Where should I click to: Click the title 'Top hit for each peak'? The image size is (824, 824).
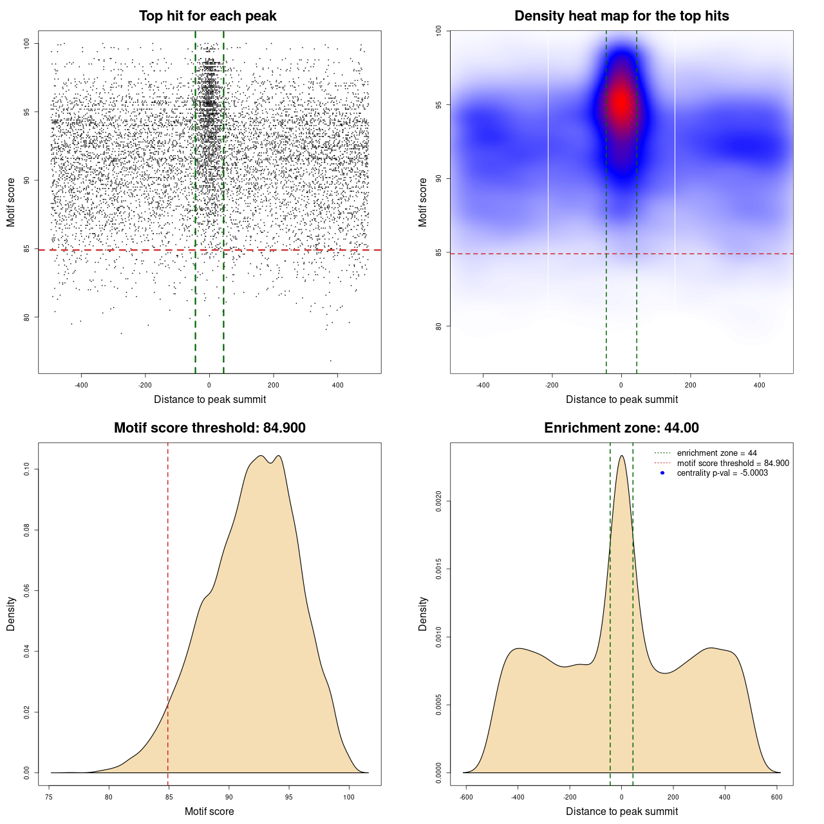point(207,16)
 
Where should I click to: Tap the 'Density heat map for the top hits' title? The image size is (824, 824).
point(621,16)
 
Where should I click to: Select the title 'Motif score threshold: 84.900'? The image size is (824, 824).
point(209,428)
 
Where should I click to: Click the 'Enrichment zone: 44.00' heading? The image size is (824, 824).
point(621,428)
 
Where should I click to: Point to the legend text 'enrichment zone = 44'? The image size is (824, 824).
point(716,453)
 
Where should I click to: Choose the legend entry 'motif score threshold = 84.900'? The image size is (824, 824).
point(733,463)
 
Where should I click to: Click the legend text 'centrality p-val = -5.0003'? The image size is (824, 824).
point(722,473)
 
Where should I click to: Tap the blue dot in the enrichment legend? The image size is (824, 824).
point(662,473)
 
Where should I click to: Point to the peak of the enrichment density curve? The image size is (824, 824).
point(621,456)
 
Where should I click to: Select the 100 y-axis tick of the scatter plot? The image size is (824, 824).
point(26,43)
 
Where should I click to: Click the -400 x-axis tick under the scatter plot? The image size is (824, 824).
point(81,385)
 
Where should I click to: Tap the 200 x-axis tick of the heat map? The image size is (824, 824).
point(690,385)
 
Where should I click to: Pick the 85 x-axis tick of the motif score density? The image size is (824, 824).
point(169,797)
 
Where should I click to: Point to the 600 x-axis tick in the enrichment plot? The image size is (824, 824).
point(776,797)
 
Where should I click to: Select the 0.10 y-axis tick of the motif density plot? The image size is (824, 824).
point(26,470)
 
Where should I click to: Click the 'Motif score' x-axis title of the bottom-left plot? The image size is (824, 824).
point(209,811)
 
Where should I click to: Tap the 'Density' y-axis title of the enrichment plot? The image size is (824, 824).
point(423,613)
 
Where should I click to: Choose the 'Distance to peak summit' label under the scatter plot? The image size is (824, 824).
point(210,399)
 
